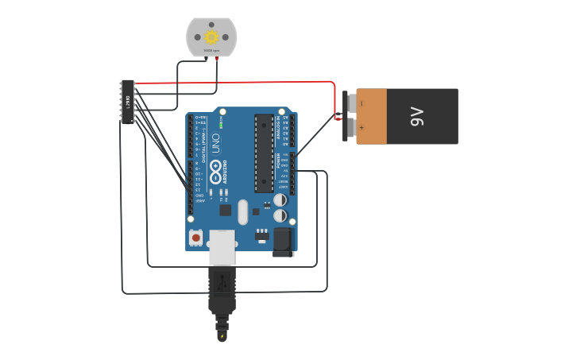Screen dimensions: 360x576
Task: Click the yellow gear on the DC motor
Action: (211, 37)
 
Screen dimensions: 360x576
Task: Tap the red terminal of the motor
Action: (216, 58)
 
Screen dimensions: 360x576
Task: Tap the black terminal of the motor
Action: (207, 58)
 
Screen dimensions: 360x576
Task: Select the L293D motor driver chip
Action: (127, 101)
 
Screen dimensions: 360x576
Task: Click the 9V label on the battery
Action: (419, 117)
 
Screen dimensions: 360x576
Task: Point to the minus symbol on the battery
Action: (361, 103)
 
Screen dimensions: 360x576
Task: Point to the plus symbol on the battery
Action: (361, 127)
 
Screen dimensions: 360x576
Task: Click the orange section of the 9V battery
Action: (372, 116)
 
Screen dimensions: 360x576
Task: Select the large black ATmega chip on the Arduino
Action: (264, 153)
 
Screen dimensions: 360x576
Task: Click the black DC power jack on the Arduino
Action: (283, 242)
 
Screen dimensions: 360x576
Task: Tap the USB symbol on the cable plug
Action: (222, 281)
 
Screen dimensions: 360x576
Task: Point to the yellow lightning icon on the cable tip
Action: (222, 335)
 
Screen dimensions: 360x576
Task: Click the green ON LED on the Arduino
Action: (221, 126)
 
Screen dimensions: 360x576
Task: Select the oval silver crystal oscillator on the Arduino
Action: (242, 211)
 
